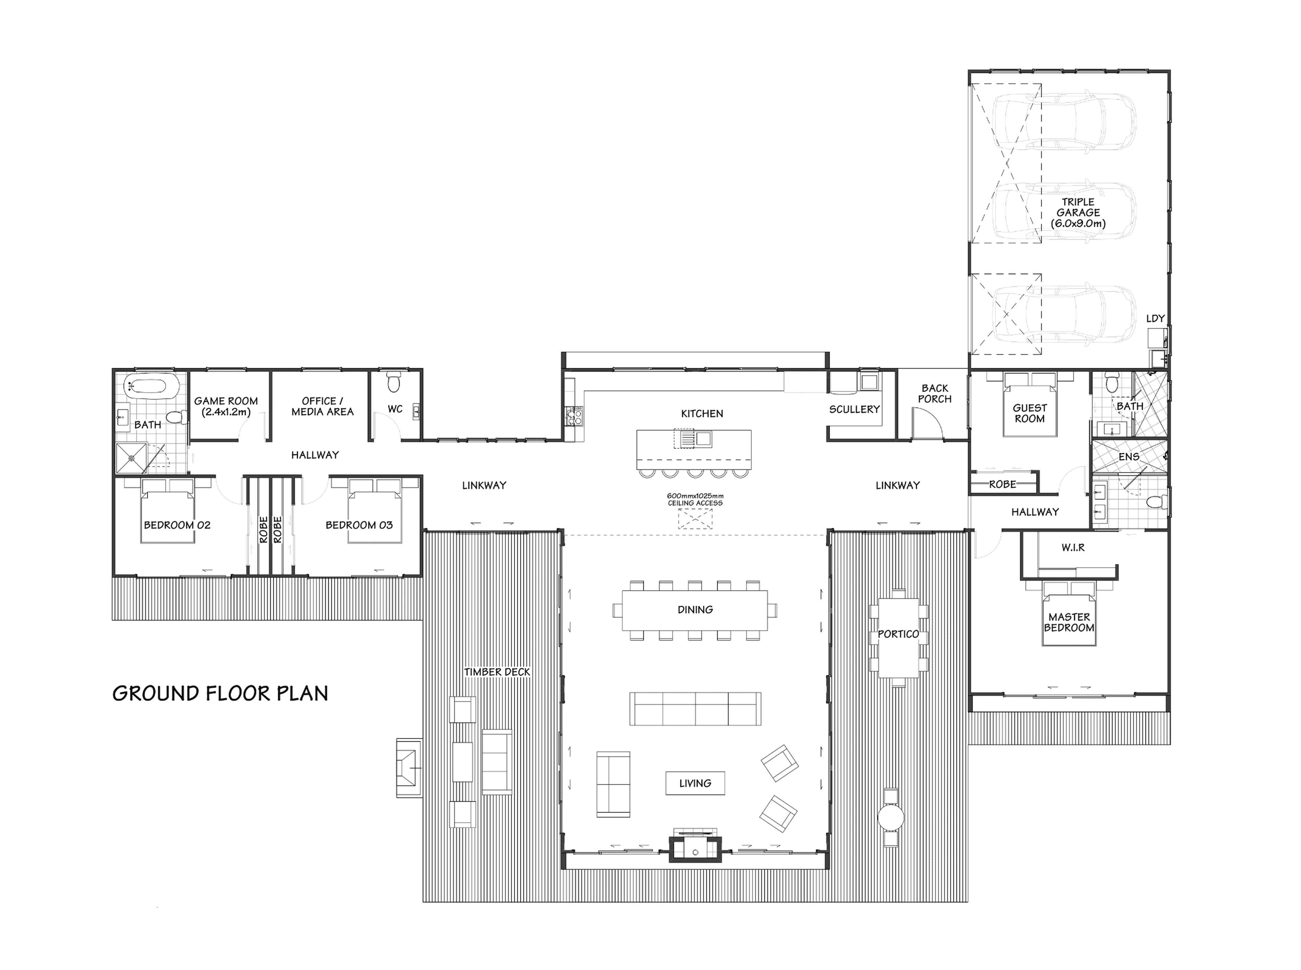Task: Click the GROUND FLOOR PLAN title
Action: (220, 694)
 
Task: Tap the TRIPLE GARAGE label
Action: (1078, 212)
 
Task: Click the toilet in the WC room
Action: (394, 384)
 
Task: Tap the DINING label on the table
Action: (695, 610)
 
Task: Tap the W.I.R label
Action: (1073, 547)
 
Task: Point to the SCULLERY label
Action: (854, 409)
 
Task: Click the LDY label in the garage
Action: (1155, 318)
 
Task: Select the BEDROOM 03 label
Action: (359, 525)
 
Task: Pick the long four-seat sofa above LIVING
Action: (695, 709)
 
